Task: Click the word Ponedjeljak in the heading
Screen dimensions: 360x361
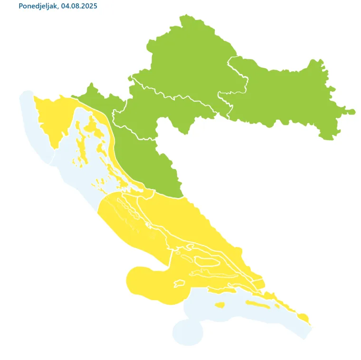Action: (38, 6)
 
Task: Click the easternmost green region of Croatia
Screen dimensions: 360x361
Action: (285, 95)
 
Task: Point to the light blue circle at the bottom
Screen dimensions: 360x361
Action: (188, 332)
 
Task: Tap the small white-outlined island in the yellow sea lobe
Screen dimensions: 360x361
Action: (179, 284)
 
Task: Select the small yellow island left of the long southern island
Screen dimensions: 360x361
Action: (219, 305)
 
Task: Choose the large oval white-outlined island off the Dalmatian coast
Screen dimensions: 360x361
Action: (207, 261)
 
